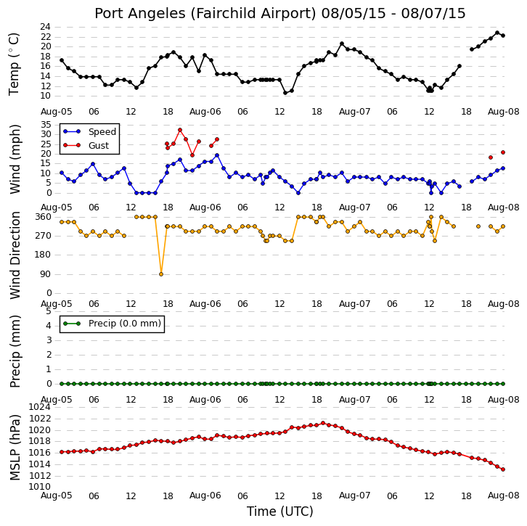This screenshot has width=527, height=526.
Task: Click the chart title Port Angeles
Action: (x=139, y=14)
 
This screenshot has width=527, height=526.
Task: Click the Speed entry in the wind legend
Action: (x=102, y=131)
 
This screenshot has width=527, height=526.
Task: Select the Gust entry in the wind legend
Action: (x=99, y=145)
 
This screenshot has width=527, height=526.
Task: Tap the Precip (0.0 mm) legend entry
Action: (x=125, y=324)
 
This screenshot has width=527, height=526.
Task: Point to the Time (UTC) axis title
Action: (x=280, y=511)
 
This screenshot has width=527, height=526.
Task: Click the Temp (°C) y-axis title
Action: (x=14, y=64)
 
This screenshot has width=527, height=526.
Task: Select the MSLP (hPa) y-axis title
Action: (x=15, y=448)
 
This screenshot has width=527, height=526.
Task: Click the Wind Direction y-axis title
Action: (x=15, y=255)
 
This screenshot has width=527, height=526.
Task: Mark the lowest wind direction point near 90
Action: (x=161, y=274)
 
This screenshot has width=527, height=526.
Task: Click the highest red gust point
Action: (x=180, y=130)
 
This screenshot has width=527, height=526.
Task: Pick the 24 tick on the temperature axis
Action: (x=46, y=27)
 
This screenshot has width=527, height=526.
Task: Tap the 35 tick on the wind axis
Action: (x=46, y=125)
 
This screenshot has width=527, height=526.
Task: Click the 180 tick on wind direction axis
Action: (x=44, y=255)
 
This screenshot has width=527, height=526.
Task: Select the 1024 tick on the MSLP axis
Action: (x=40, y=407)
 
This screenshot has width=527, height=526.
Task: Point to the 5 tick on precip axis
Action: (x=49, y=311)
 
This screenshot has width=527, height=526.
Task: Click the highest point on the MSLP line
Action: (x=323, y=423)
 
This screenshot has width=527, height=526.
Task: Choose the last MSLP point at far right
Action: (x=503, y=469)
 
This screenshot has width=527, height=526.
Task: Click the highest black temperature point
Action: (x=497, y=33)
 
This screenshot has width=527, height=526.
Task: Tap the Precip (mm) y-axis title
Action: (x=15, y=351)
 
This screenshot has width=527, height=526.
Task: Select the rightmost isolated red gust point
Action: (x=503, y=152)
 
